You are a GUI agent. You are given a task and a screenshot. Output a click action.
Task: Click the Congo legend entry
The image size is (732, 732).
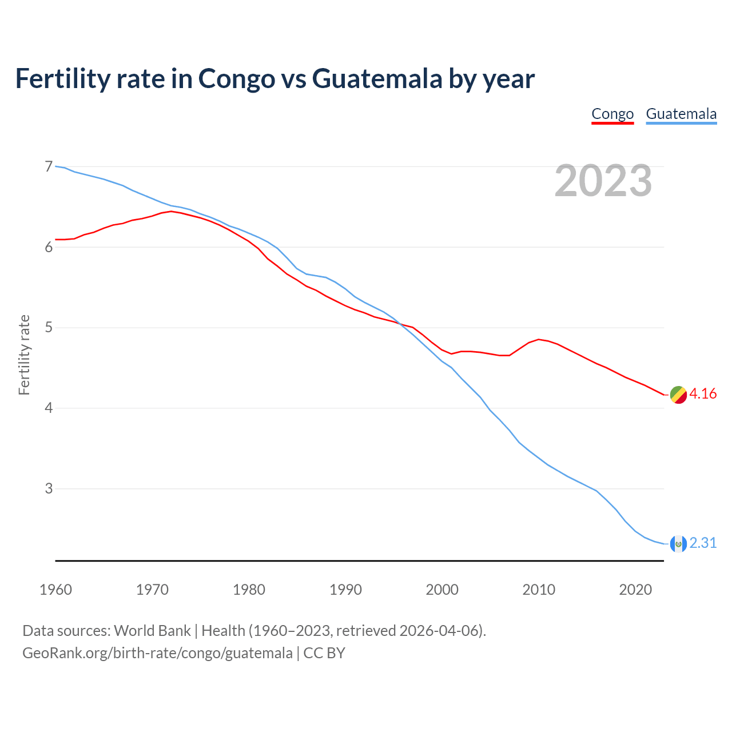point(612,114)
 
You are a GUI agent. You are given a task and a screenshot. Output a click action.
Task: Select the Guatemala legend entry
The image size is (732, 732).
point(681,114)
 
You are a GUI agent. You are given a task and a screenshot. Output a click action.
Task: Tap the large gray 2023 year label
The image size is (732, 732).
point(603,181)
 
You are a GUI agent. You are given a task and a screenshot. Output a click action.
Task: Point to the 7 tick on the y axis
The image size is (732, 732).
point(49,166)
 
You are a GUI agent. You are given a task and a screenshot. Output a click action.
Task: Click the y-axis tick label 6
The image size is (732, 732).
point(49,247)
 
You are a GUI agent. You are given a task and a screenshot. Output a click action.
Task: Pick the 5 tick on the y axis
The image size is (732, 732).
point(49,328)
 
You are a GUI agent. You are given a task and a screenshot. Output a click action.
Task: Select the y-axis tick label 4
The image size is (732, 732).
point(49,408)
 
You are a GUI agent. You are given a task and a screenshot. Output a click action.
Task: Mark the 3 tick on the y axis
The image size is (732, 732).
point(49,489)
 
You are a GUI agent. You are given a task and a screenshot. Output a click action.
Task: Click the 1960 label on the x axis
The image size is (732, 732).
point(55,590)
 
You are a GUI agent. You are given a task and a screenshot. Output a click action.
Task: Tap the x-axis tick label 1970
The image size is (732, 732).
point(152,590)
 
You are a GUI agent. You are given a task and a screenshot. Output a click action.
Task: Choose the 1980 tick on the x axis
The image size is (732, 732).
point(249,590)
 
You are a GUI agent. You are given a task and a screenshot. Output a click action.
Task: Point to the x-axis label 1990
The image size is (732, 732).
point(345,590)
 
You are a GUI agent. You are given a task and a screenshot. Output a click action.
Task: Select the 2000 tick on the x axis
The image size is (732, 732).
point(442,590)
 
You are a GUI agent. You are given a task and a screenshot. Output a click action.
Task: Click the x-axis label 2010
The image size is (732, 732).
point(539,590)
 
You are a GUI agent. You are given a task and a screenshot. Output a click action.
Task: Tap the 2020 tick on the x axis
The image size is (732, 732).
point(635,590)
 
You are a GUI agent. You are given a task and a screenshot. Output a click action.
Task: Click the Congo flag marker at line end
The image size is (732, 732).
point(678,395)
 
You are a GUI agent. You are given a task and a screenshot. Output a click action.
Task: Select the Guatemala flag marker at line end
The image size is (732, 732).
point(678,543)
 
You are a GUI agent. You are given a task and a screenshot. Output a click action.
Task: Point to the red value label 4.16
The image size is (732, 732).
point(703,394)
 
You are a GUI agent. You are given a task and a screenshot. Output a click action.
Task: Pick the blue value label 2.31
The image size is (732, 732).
point(703,543)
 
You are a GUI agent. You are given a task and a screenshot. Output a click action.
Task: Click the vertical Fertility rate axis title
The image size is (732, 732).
point(24,355)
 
